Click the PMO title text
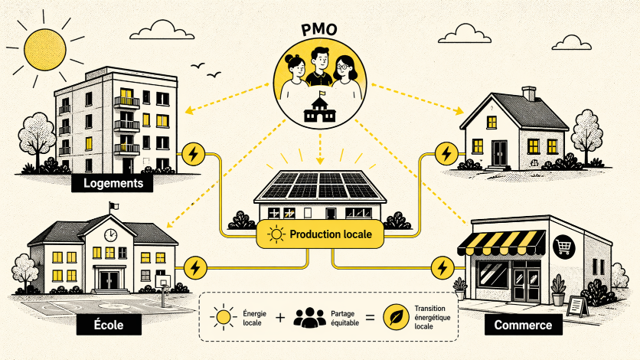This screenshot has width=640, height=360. pos(319,30)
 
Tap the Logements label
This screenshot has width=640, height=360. pos(113,183)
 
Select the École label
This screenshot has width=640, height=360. pos(109,325)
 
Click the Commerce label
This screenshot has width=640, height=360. pos(524,325)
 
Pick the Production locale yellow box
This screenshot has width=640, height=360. pos(320,234)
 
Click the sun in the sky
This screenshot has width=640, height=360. pos(45,50)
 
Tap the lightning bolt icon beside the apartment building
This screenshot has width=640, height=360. pos(194,154)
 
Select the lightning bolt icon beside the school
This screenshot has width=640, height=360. pos(195,268)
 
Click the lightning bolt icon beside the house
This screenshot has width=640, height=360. pos(446,154)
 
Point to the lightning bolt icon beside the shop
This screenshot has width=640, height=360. pos(442,268)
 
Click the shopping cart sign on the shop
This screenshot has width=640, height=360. pos(563,247)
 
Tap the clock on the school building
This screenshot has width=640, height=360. pos(110,235)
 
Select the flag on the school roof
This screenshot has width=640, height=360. pos(114,206)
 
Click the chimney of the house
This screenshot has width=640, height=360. pos(529,94)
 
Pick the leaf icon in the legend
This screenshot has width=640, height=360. pos(396,317)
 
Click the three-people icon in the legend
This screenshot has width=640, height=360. pos(310,317)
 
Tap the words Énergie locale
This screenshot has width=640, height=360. pos(254,318)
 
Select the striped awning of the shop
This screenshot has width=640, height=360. pos(501,243)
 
